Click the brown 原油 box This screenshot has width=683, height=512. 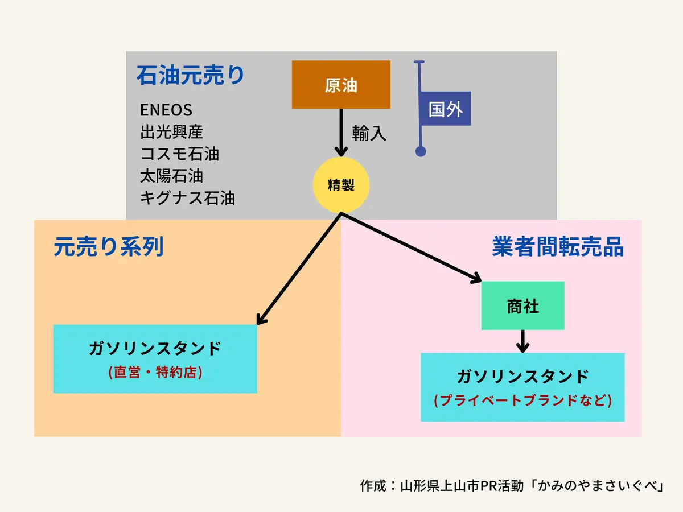pos(341,85)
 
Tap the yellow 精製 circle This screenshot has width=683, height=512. pos(341,185)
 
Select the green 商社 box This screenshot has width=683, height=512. pos(522,306)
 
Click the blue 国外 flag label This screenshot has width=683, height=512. pos(445,109)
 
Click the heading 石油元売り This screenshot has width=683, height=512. pos(190,75)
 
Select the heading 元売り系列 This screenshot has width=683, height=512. pos(109,247)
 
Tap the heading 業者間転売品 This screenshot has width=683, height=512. pos(558,247)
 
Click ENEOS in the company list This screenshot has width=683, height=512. pos(166,110)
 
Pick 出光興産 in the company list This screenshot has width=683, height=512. pos(171,132)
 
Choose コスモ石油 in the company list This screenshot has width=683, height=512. pos(179,154)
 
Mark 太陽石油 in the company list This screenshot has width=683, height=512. pos(171,176)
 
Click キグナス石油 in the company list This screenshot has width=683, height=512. pos(187,198)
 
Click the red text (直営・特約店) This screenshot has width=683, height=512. pos(155,373)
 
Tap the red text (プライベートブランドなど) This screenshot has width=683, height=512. pos(522,400)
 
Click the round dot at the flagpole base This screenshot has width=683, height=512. pos(421,151)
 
